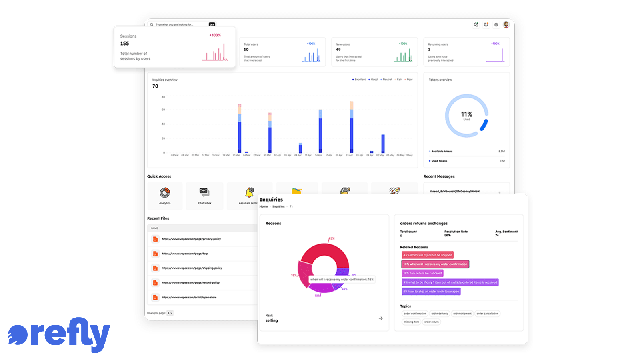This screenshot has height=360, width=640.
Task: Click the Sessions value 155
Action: pos(125,44)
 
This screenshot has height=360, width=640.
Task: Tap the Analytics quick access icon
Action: pos(165,193)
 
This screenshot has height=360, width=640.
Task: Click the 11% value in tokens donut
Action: pos(466,114)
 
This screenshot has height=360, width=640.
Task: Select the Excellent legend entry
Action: pos(359,80)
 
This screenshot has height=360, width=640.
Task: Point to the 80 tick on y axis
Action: pos(163,97)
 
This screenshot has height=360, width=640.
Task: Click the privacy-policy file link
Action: pos(191,239)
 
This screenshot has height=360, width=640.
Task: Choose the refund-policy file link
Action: pos(190,283)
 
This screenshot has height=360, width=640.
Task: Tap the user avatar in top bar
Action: pos(506,24)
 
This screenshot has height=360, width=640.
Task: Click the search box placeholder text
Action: pos(174,25)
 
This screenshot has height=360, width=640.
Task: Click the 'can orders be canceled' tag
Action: pos(422,273)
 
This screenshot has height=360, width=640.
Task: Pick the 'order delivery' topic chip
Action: pos(440,314)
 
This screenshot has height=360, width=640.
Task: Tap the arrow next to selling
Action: pos(380,318)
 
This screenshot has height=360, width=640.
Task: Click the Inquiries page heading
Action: pos(271,200)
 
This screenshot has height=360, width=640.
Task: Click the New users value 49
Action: pos(338,50)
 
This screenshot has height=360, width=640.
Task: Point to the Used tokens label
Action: pos(439,161)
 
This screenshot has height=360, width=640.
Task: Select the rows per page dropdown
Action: pos(170,313)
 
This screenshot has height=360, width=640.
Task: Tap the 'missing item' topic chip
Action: pos(411,322)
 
